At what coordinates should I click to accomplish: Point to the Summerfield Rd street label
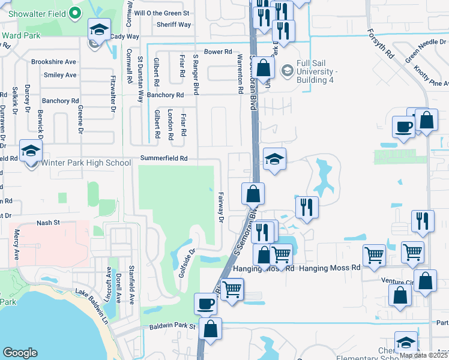164,158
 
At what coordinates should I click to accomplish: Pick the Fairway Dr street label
221,209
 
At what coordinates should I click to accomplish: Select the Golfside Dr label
187,260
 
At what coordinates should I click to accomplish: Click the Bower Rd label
218,52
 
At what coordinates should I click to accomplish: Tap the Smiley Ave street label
60,75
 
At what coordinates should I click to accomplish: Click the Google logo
20,353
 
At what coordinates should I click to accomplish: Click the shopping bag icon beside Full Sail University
264,67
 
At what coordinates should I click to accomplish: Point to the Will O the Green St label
161,13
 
